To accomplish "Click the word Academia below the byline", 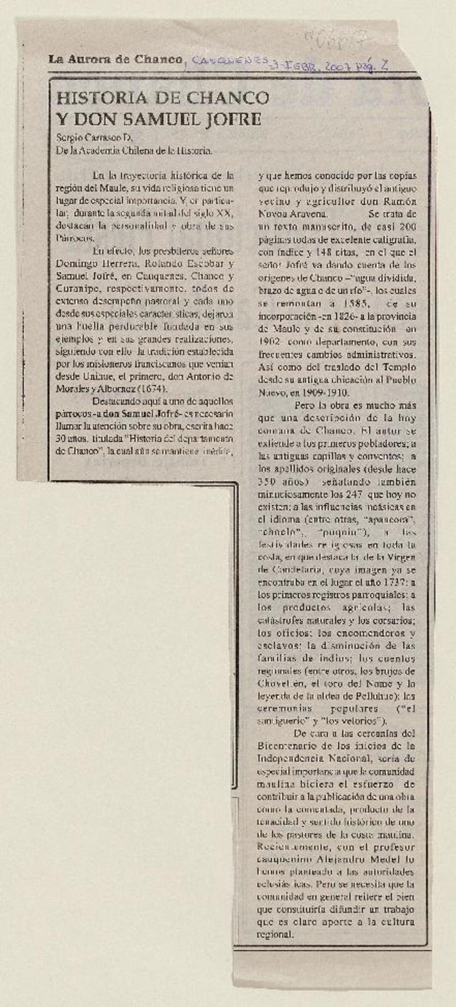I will pos(102,151).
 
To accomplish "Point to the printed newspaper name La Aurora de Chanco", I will pos(115,59).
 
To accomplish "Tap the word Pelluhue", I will pos(382,696).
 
